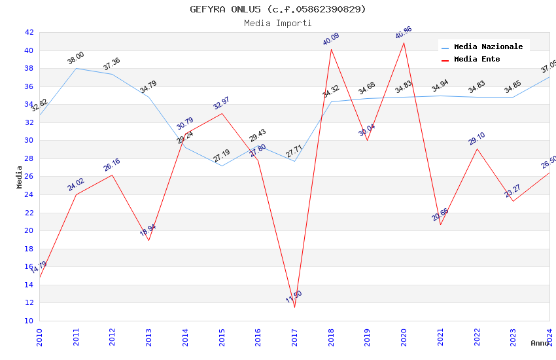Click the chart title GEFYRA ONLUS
pyautogui.click(x=278, y=9)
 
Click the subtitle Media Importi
pyautogui.click(x=278, y=23)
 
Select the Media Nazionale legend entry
pyautogui.click(x=488, y=46)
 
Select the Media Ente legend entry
pyautogui.click(x=476, y=59)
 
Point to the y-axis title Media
pyautogui.click(x=19, y=177)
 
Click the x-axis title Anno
pyautogui.click(x=540, y=343)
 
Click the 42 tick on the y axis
pyautogui.click(x=29, y=32)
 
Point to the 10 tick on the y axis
pyautogui.click(x=29, y=321)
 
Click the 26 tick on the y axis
pyautogui.click(x=29, y=177)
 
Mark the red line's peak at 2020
pyautogui.click(x=404, y=43)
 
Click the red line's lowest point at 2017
pyautogui.click(x=294, y=307)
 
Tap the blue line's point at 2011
pyautogui.click(x=76, y=68)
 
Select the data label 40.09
pyautogui.click(x=331, y=39)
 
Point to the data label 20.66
pyautogui.click(x=440, y=214)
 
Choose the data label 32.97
pyautogui.click(x=222, y=103)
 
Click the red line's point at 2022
pyautogui.click(x=477, y=149)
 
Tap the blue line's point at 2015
pyautogui.click(x=222, y=166)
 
